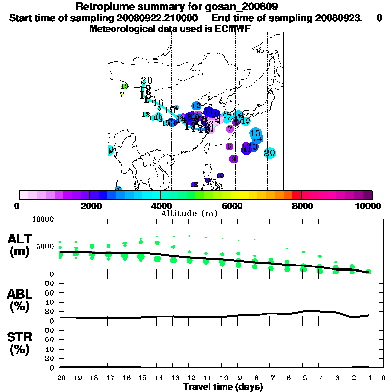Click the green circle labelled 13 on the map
[124, 86]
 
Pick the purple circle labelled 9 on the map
[234, 159]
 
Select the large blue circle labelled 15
[256, 133]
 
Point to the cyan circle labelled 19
[246, 120]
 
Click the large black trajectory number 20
[146, 81]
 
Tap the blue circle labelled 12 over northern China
[197, 106]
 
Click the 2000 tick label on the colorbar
[89, 206]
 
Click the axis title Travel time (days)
[223, 387]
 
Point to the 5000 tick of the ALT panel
[46, 247]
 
